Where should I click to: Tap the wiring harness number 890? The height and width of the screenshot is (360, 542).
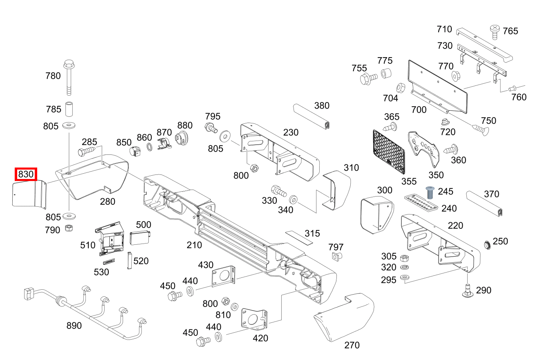(x=74, y=326)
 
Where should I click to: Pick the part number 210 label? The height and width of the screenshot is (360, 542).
(x=194, y=245)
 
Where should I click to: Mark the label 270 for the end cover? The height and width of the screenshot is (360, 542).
(x=352, y=345)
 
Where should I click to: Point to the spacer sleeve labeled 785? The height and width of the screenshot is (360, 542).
(x=69, y=110)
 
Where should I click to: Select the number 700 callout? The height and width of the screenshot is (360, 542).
(x=419, y=110)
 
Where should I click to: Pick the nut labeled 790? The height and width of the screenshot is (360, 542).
(x=69, y=229)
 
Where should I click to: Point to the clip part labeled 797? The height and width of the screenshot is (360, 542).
(x=336, y=256)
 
